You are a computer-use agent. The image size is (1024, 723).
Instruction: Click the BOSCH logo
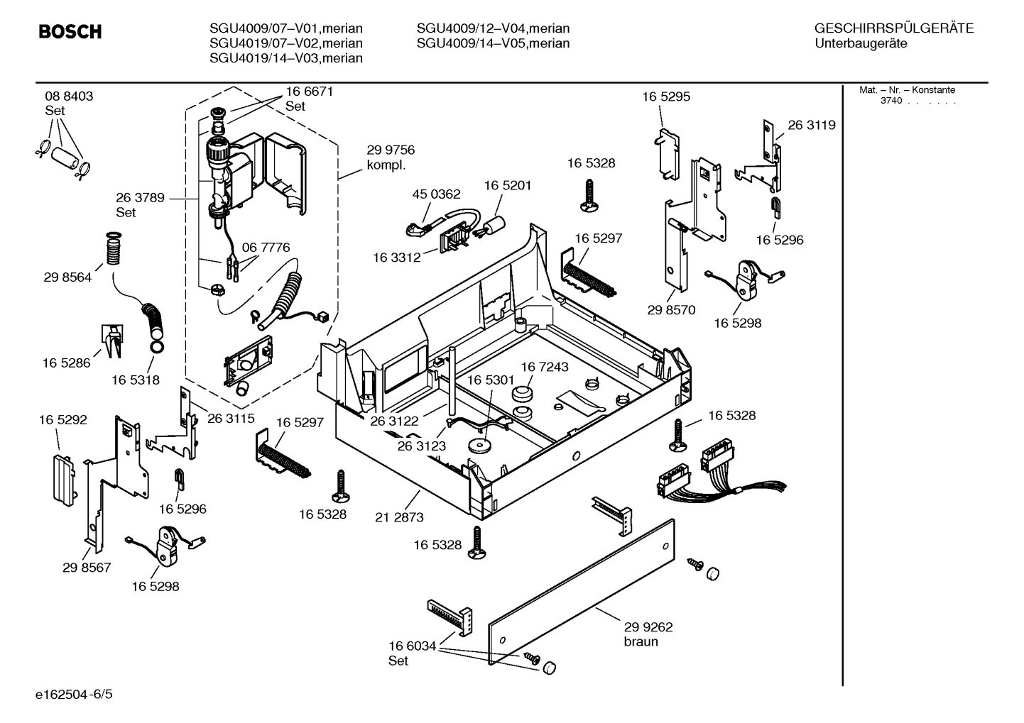tap(70, 32)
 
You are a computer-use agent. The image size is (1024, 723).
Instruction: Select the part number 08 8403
tap(69, 96)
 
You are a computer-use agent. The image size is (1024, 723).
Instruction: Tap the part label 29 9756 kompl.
tap(390, 158)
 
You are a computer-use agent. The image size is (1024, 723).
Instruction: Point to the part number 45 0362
tap(436, 194)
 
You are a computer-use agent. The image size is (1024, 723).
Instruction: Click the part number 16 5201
tap(508, 185)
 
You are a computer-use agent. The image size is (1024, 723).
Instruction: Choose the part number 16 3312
tap(396, 258)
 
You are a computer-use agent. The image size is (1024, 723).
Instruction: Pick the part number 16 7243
tap(545, 367)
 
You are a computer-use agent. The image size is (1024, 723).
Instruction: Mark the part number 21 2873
tap(399, 517)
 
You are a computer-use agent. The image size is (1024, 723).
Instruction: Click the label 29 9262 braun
tap(648, 634)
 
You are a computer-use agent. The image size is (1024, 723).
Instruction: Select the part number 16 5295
tap(666, 96)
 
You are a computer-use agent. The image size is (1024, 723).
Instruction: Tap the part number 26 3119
tap(812, 125)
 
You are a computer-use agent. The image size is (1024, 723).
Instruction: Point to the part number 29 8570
tap(671, 310)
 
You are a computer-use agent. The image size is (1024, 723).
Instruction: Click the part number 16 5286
tap(67, 363)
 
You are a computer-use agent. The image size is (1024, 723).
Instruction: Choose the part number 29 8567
tap(87, 568)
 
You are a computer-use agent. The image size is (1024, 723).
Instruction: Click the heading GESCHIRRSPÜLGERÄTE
tap(893, 28)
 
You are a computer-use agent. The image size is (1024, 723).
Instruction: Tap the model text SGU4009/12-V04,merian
tap(493, 28)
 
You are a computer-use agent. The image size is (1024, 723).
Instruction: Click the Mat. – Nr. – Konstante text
tap(907, 90)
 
